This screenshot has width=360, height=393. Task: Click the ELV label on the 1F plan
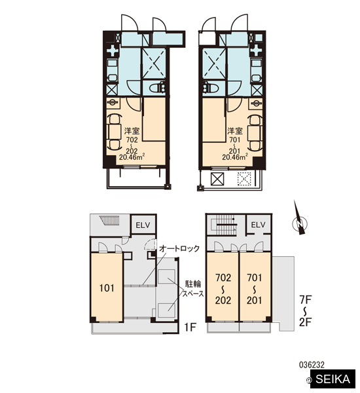[143, 225]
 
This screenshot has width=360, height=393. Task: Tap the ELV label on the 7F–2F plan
[258, 225]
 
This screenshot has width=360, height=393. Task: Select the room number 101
[107, 288]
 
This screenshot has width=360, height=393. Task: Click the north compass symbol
[299, 220]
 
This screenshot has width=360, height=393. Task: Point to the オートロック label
[179, 249]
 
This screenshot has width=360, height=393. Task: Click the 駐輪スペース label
[193, 289]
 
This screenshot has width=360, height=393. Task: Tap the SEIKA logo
[333, 379]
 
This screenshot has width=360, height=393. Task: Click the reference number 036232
[312, 365]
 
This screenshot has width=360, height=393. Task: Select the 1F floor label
[190, 327]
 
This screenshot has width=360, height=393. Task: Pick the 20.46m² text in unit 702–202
[132, 157]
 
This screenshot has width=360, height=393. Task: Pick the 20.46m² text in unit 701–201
[235, 157]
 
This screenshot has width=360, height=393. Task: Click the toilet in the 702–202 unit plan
[157, 88]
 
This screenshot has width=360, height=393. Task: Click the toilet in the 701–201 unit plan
[211, 88]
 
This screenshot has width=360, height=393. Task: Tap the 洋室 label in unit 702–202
[132, 131]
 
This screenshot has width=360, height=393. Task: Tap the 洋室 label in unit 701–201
[235, 131]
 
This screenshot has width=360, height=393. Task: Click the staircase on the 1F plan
[109, 221]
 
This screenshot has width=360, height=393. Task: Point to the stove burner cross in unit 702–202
[113, 51]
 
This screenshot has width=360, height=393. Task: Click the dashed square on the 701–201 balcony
[244, 179]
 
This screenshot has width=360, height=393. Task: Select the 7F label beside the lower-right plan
[306, 299]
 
